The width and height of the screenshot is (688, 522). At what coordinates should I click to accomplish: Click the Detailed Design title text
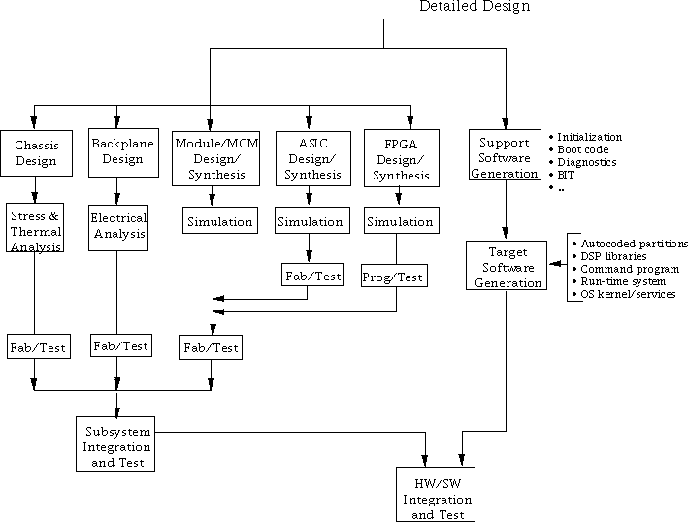pos(475,7)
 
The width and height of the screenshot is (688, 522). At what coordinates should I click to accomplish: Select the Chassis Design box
pos(36,153)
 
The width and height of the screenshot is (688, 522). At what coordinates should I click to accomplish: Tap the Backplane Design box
pos(115,151)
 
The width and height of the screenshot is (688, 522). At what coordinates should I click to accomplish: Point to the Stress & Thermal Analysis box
pos(36,226)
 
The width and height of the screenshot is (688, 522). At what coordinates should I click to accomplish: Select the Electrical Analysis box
pos(118,226)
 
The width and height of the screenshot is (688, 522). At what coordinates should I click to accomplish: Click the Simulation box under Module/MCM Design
pos(219,221)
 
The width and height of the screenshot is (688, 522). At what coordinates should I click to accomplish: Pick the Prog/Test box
pos(393,277)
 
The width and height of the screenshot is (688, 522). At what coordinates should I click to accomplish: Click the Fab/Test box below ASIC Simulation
pos(312,276)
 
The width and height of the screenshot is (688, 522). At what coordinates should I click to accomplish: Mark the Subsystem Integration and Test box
pos(116,447)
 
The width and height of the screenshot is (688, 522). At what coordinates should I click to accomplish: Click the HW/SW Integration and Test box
pos(436,494)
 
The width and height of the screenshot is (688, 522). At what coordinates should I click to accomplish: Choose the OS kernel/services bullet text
pos(628,294)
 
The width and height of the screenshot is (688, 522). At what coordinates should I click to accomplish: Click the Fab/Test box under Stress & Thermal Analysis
pos(39,347)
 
